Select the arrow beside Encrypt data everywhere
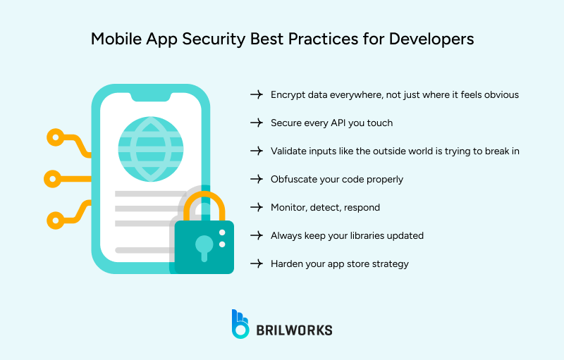point(256,94)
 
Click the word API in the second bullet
point(340,123)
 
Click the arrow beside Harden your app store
point(256,263)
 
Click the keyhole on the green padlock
point(204,246)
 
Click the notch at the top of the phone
point(150,101)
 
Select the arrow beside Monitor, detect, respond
point(256,207)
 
